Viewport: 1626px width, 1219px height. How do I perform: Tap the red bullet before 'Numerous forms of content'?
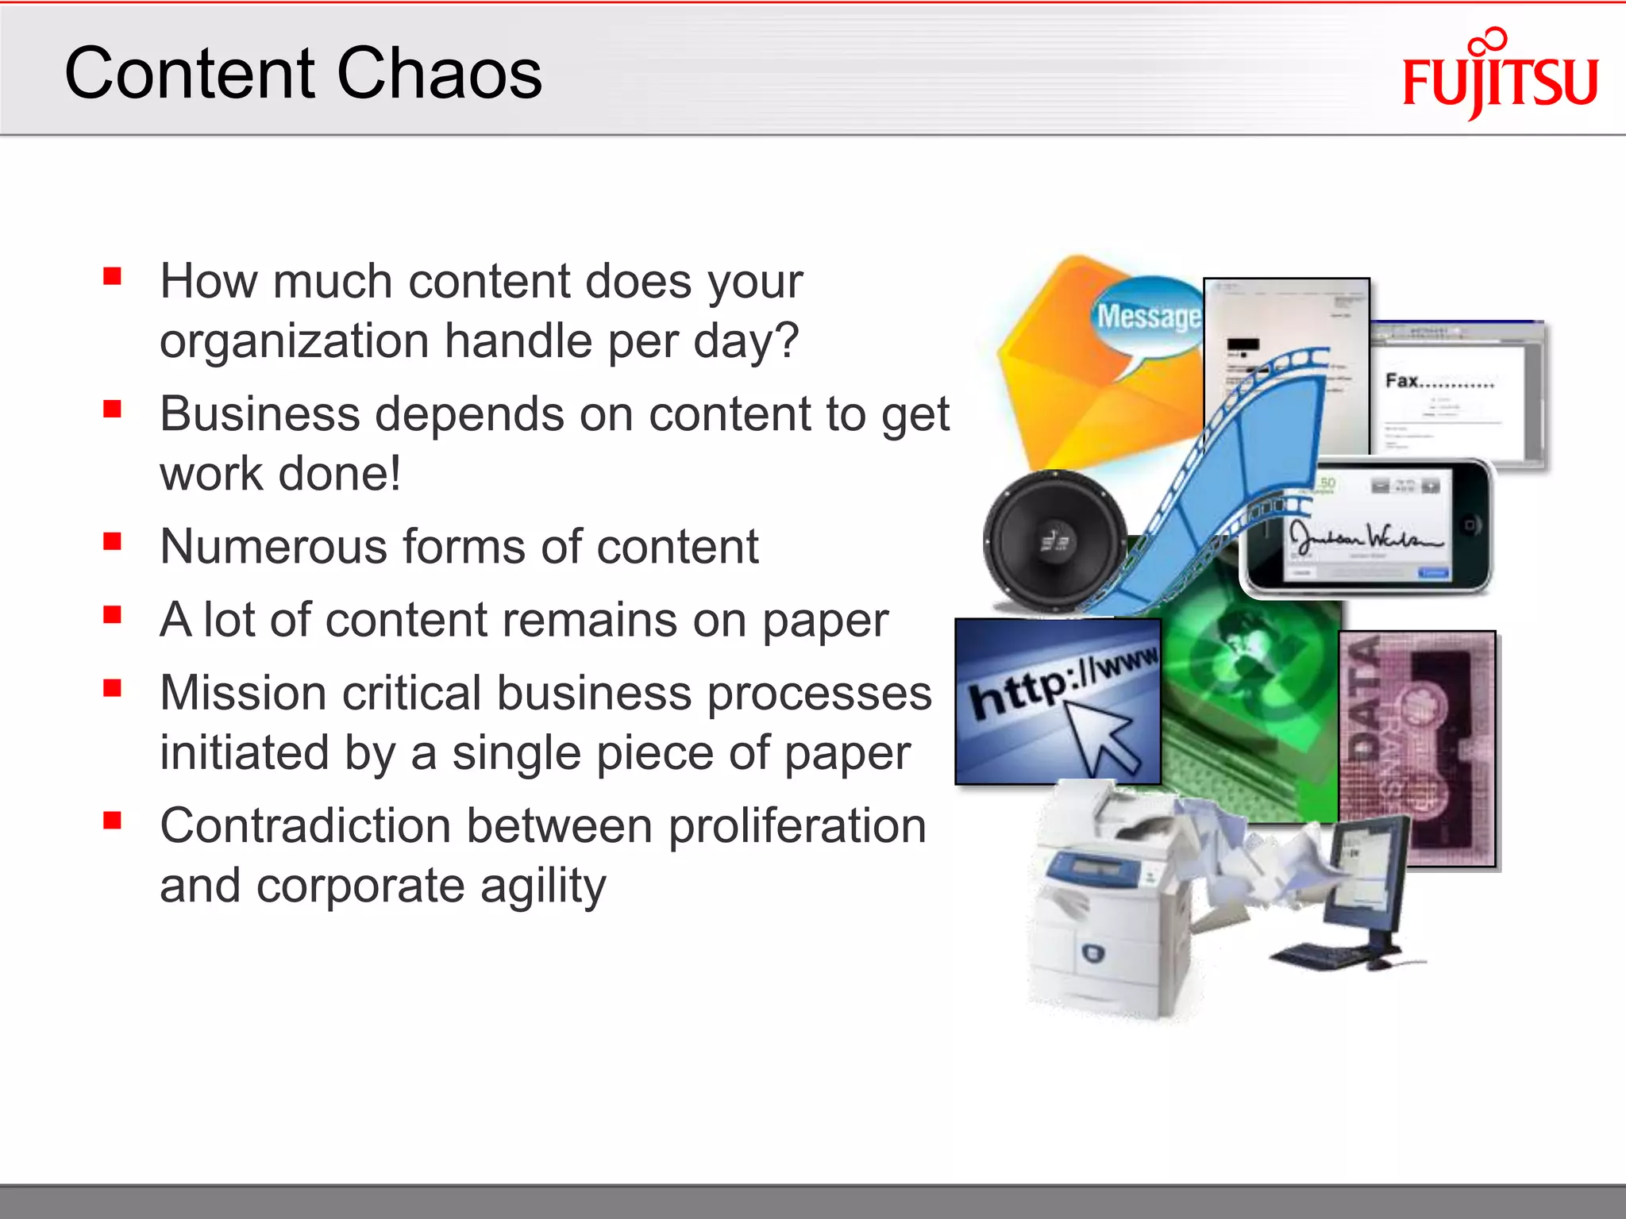(112, 542)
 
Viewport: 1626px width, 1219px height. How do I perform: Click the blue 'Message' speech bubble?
(1147, 317)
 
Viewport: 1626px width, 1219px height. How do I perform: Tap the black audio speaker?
(1054, 542)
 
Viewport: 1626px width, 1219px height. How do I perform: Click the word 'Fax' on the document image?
(1402, 381)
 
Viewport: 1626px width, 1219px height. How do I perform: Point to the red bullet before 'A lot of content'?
(112, 615)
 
